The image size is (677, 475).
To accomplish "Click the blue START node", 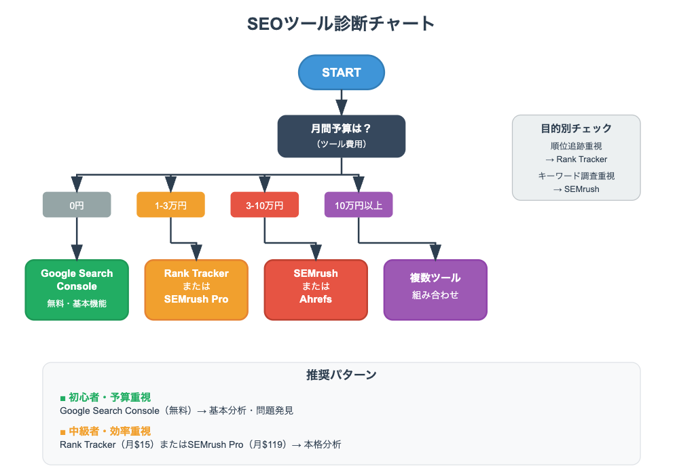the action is pyautogui.click(x=341, y=73).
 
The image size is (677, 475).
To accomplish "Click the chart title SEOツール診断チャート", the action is pyautogui.click(x=341, y=24).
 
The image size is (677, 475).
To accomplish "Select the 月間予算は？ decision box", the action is pyautogui.click(x=341, y=136).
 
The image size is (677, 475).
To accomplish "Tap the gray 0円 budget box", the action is pyautogui.click(x=77, y=204).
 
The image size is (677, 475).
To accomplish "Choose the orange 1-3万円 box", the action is pyautogui.click(x=170, y=204).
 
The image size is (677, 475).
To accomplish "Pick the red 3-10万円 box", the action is pyautogui.click(x=265, y=204).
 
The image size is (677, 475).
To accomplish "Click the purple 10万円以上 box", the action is pyautogui.click(x=359, y=204).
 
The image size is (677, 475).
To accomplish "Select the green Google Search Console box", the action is pyautogui.click(x=77, y=290).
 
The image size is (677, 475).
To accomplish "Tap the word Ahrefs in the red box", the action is pyautogui.click(x=316, y=299).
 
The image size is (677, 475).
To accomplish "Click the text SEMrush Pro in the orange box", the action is pyautogui.click(x=196, y=299).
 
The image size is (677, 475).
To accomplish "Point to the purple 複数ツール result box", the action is pyautogui.click(x=435, y=290).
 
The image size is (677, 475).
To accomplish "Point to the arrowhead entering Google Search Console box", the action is pyautogui.click(x=77, y=252).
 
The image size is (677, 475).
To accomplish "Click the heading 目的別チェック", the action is pyautogui.click(x=576, y=128).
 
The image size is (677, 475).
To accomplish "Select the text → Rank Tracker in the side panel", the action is pyautogui.click(x=576, y=159).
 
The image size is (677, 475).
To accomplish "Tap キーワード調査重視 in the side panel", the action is pyautogui.click(x=576, y=176).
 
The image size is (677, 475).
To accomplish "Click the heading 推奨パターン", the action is pyautogui.click(x=341, y=375).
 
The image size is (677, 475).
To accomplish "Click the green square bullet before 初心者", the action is pyautogui.click(x=62, y=398).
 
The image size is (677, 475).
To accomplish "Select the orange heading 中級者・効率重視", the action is pyautogui.click(x=110, y=431).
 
